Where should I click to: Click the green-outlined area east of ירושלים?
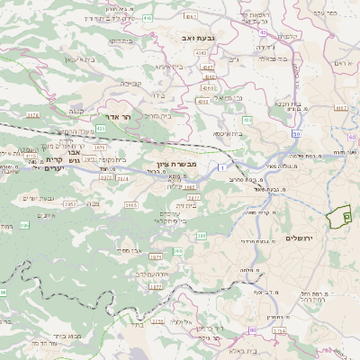[x=338, y=219]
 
